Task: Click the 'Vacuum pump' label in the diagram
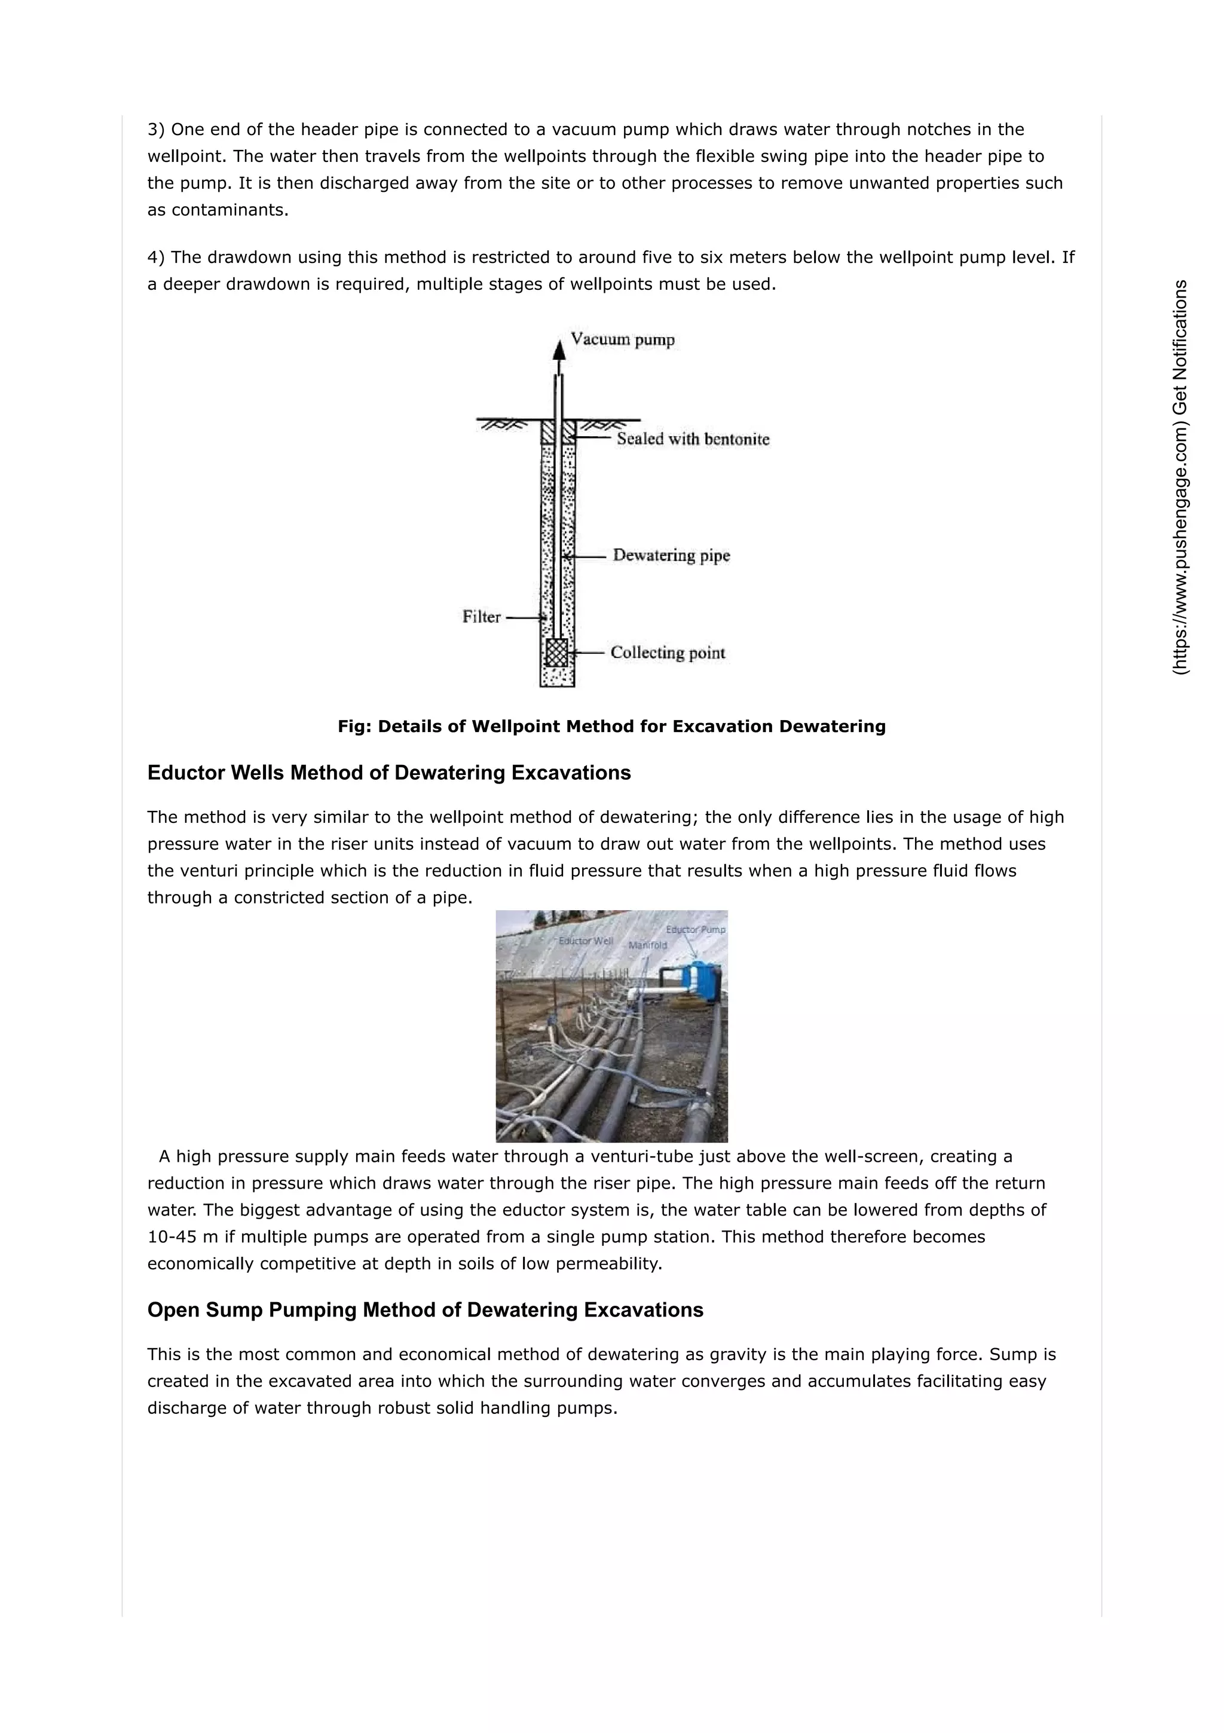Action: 622,339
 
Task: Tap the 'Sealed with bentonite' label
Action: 693,439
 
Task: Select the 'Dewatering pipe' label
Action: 671,556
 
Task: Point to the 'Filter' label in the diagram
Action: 481,617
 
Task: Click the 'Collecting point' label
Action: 668,653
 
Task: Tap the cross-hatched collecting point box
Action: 557,653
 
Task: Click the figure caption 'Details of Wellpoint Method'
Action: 611,727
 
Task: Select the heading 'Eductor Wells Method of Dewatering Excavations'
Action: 389,773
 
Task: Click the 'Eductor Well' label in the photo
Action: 585,941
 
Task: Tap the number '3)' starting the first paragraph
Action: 155,130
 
